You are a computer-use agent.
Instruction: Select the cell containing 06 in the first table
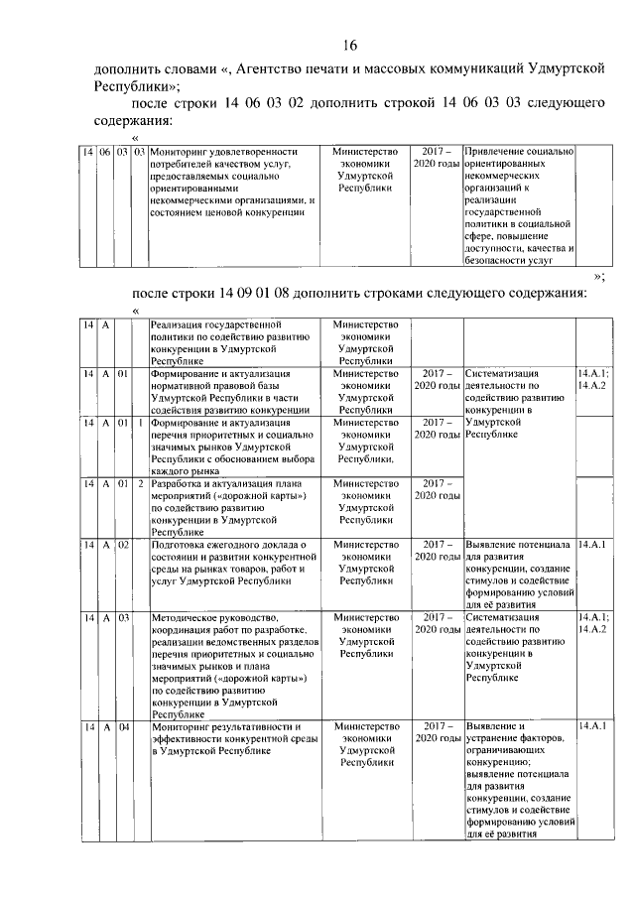pyautogui.click(x=106, y=152)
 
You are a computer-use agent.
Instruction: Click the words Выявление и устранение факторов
pyautogui.click(x=516, y=733)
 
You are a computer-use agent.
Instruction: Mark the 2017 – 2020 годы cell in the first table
pyautogui.click(x=437, y=157)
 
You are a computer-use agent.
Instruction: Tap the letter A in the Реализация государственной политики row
pyautogui.click(x=105, y=324)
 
